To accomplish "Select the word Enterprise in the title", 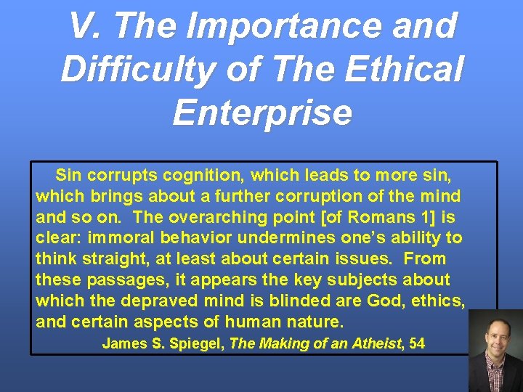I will pos(261,113).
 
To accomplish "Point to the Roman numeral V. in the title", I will pos(86,27).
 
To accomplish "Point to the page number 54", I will pos(417,343).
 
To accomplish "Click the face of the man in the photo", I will pos(495,337).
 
